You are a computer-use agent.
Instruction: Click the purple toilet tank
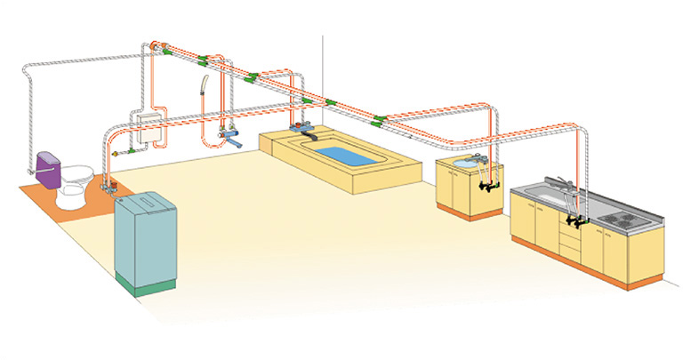(x=46, y=169)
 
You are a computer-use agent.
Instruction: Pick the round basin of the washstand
(x=465, y=164)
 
